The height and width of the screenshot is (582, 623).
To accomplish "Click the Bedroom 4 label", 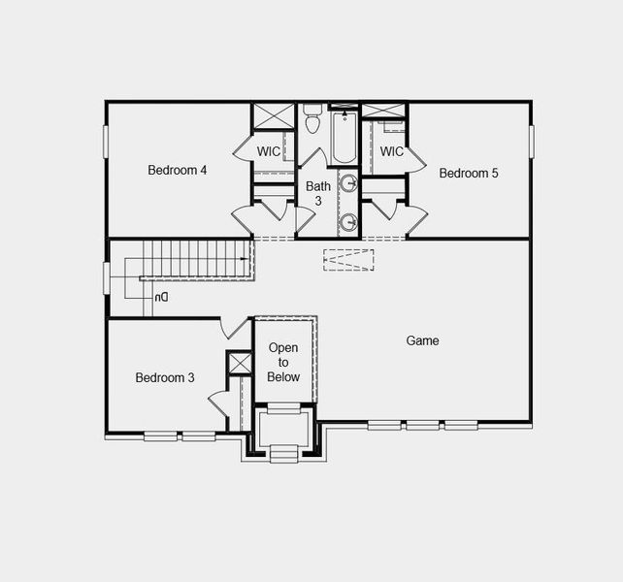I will coord(178,171).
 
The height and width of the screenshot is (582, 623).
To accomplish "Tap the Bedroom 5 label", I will coord(469,174).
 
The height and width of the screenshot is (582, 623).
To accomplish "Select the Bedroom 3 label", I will coord(165,377).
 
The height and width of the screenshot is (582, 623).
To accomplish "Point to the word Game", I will coord(422,340).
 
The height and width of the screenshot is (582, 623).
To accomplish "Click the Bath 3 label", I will coord(318,193).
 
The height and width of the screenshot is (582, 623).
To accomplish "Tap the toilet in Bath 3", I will coord(312,119).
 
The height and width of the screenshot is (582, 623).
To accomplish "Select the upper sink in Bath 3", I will coord(349,184).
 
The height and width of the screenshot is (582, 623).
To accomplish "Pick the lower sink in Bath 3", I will coord(349,222).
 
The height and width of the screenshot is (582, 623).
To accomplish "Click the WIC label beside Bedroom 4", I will coord(270,152).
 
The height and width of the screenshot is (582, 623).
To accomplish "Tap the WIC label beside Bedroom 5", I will coord(392,152).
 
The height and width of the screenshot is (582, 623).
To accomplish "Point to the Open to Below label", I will coord(284,362).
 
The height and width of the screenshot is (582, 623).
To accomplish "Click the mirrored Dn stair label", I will coord(161,297).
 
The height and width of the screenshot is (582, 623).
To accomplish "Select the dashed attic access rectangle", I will coord(348,259).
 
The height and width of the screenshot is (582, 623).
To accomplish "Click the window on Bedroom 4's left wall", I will coord(106,140).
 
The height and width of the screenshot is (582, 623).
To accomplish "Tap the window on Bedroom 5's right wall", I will coord(531,140).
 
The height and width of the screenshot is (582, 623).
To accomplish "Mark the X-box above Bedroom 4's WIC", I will coord(274,116).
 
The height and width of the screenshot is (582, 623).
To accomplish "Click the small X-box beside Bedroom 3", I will coord(240,363).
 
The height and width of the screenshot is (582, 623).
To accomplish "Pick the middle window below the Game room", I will coord(422,424).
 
